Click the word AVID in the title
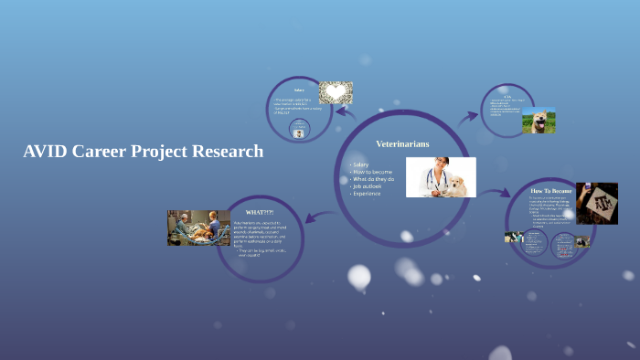(47, 152)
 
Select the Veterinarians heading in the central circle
(402, 143)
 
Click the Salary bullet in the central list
(360, 164)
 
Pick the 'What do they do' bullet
(371, 179)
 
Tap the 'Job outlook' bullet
(366, 186)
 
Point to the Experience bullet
(365, 194)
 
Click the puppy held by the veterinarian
(455, 186)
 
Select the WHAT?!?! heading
(260, 212)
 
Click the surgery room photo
(198, 228)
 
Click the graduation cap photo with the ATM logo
(596, 203)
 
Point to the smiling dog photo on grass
(539, 121)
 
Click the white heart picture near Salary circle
(336, 92)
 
